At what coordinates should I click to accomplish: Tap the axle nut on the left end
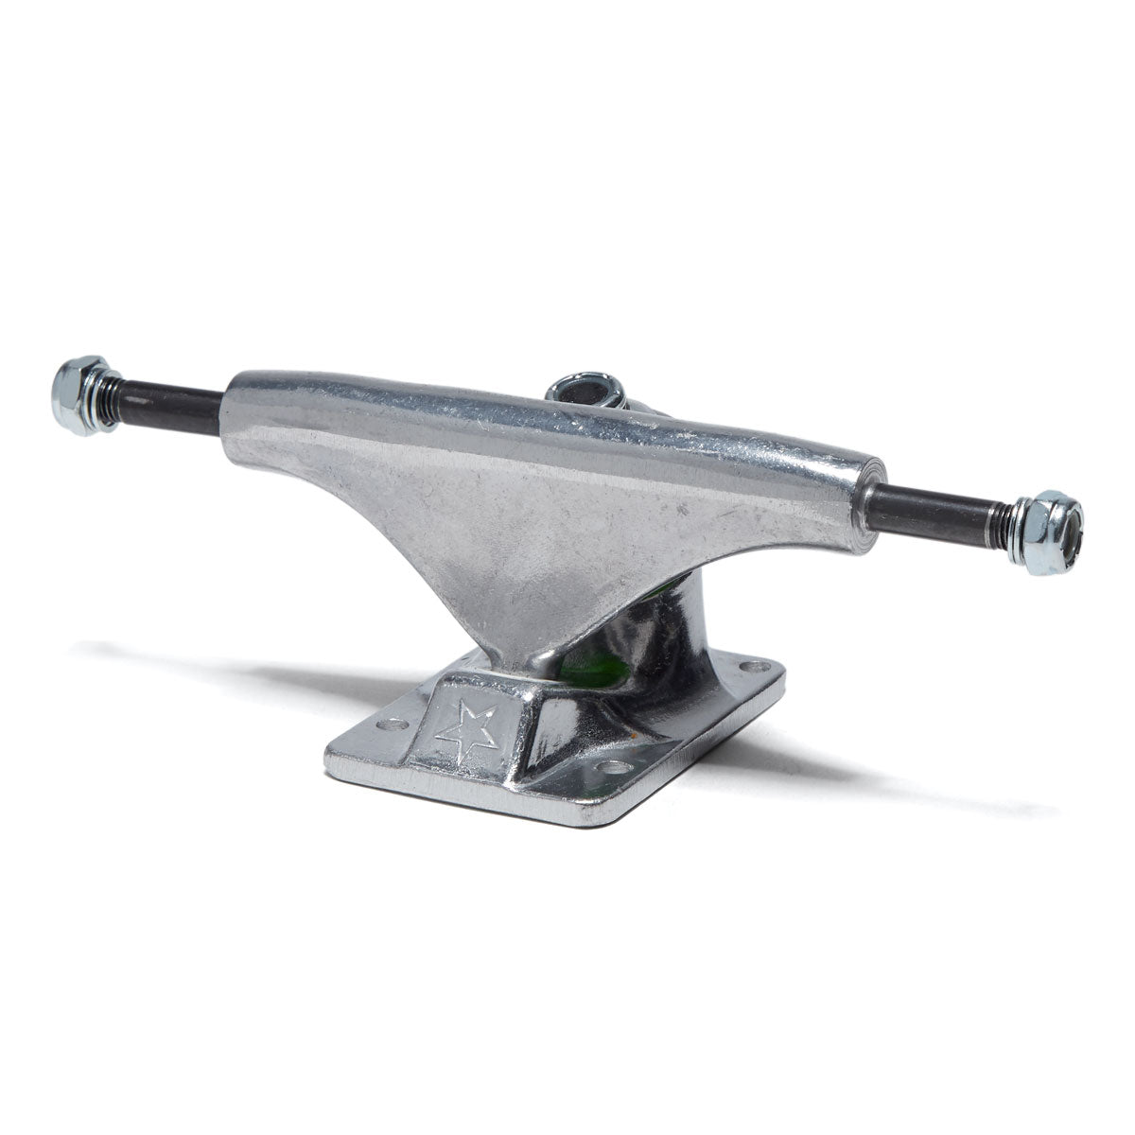[x=80, y=394]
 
